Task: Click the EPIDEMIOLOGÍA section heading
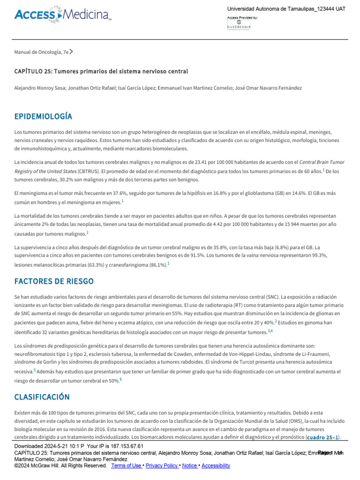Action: (43, 116)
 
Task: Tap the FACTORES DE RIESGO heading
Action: (54, 281)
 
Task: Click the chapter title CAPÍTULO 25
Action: (101, 71)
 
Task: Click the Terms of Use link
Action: (127, 465)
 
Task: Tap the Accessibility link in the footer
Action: (216, 465)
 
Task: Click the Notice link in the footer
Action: (190, 465)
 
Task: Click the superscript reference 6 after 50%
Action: (120, 379)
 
